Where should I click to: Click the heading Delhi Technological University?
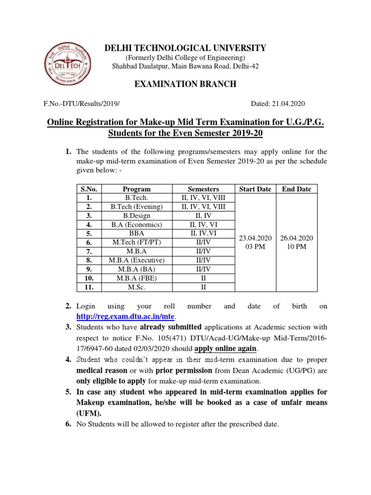pos(185,48)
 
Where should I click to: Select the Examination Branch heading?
pos(185,84)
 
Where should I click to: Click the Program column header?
pos(137,189)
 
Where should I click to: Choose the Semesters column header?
pos(203,189)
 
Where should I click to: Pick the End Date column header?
pos(297,189)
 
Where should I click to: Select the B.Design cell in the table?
pos(137,216)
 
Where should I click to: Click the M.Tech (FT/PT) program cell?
pos(137,242)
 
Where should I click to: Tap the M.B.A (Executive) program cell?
pos(137,261)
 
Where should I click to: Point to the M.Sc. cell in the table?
pos(137,287)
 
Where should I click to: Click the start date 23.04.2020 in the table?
pos(255,238)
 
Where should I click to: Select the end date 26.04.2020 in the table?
pos(297,238)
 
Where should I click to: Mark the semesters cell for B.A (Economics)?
pos(203,225)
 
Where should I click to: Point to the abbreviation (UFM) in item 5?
pos(89,414)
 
